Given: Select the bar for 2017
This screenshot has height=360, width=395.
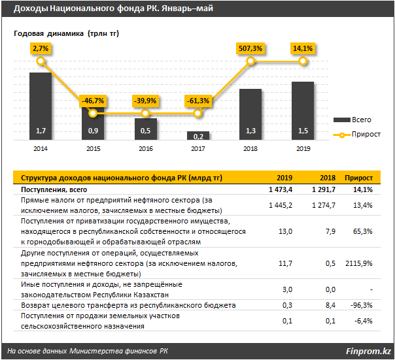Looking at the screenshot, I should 198,136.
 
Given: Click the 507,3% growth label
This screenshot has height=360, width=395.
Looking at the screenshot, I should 250,48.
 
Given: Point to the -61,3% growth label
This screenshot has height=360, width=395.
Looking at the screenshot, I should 198,101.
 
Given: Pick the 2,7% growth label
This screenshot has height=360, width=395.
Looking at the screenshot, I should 41,48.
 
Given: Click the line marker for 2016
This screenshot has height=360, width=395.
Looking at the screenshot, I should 146,114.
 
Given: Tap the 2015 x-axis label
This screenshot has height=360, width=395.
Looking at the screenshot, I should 93,149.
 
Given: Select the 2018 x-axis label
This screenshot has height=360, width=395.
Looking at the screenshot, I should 250,149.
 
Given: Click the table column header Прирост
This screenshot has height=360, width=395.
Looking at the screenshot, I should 359,178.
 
